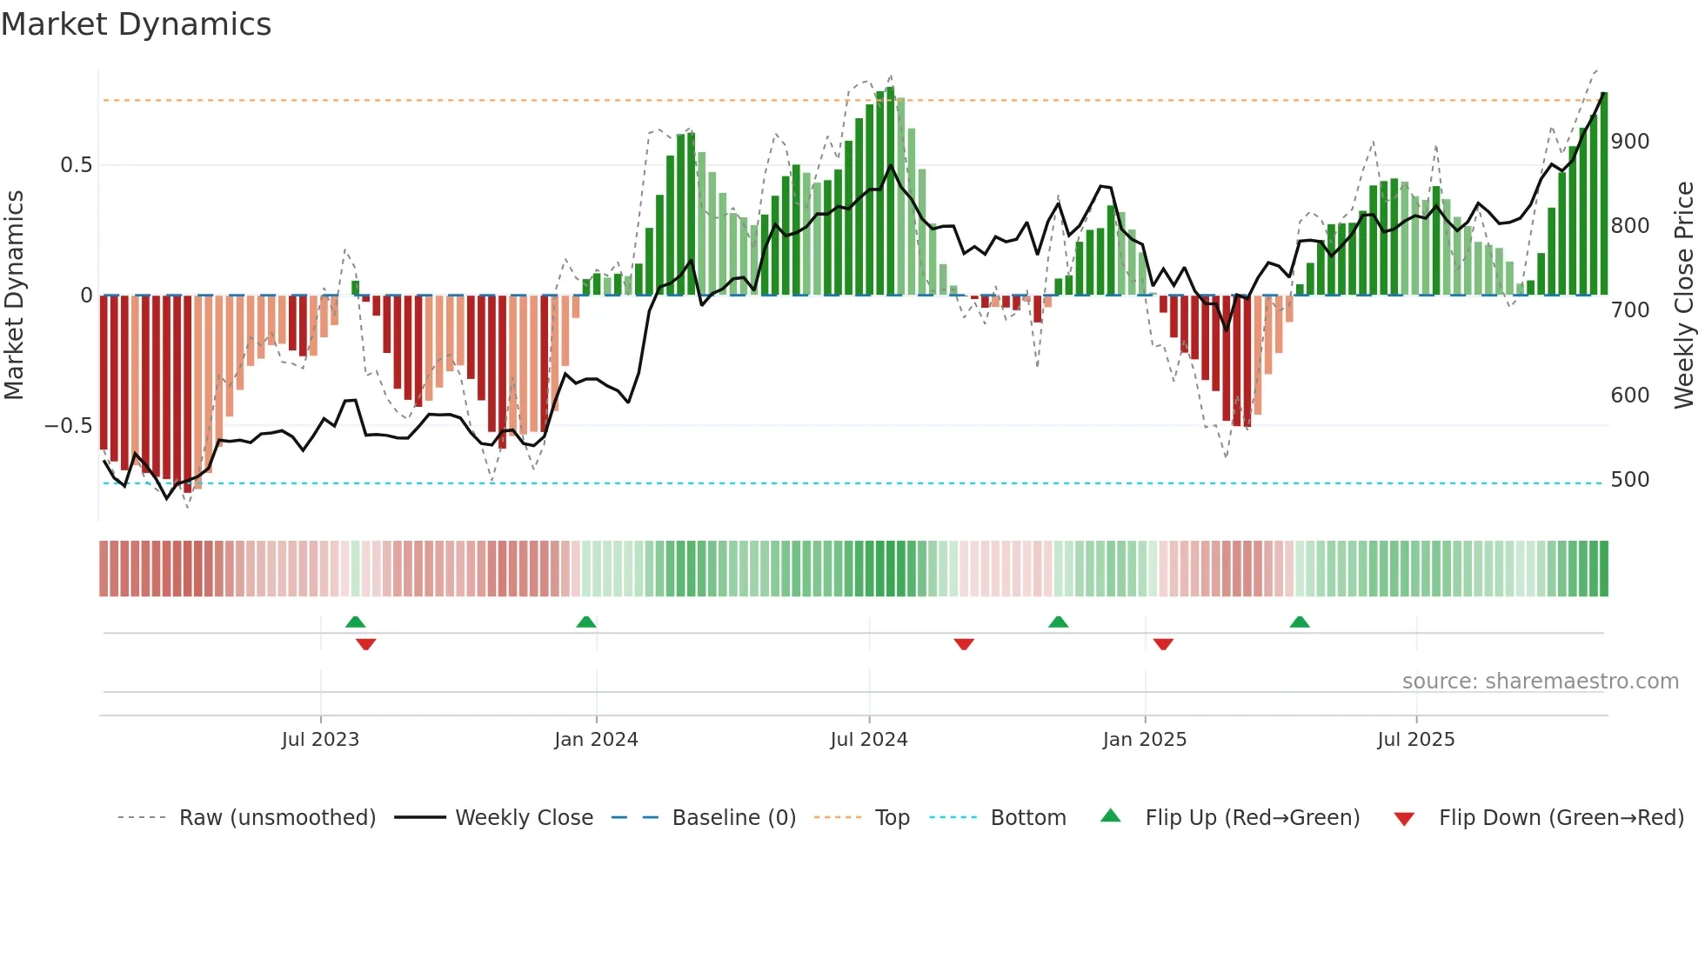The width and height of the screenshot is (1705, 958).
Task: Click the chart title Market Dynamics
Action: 136,24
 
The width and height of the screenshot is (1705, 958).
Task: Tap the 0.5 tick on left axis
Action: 76,165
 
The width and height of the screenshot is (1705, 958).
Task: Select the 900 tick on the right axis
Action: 1629,142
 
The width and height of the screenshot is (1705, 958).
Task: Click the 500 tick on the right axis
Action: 1629,480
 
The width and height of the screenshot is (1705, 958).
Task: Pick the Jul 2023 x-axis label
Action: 320,740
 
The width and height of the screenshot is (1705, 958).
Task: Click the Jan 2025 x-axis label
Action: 1144,740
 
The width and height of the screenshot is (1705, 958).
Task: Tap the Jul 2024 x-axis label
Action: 868,740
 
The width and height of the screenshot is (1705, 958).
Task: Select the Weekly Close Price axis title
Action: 1684,296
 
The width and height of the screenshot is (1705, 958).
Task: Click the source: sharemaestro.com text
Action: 1540,682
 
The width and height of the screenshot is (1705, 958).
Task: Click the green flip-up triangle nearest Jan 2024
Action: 586,622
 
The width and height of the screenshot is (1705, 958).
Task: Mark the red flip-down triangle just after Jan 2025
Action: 1163,644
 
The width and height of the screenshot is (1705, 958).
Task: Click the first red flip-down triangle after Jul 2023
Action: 365,644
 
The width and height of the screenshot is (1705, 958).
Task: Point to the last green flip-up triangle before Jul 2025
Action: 1299,622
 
